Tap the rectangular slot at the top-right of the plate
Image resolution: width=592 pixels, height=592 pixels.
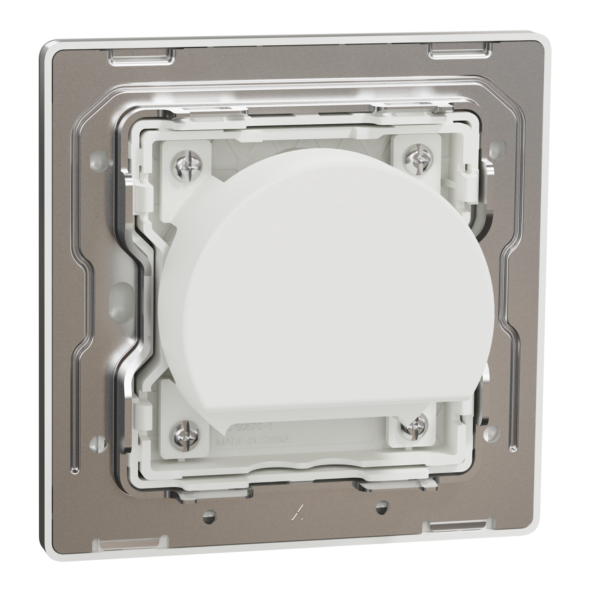(460, 48)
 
